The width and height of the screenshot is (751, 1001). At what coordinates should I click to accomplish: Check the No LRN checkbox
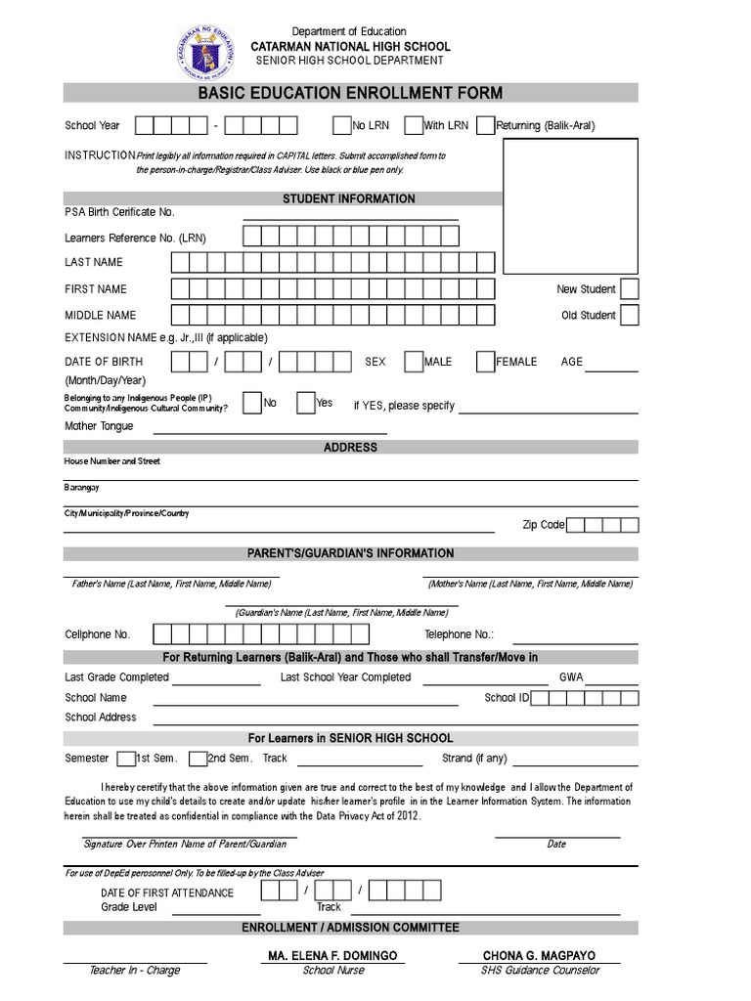tap(341, 125)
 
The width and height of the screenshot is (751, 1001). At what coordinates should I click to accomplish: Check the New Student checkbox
tap(630, 288)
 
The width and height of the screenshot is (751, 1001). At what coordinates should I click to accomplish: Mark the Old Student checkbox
tap(630, 315)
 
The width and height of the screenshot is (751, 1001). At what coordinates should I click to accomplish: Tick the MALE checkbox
tap(414, 362)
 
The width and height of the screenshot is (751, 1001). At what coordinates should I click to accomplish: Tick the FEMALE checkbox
tap(485, 362)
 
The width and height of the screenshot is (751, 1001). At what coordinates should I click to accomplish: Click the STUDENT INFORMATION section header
tap(349, 198)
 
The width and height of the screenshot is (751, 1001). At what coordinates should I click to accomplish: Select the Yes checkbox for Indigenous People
tap(305, 403)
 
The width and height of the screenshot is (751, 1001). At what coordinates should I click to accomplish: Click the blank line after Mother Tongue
tap(270, 430)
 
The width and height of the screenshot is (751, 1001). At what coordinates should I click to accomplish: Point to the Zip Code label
tap(544, 525)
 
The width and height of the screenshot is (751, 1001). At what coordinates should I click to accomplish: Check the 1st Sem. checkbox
tap(125, 759)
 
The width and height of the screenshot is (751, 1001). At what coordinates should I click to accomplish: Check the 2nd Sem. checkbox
tap(198, 759)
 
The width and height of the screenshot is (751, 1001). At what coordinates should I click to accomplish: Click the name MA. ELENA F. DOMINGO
tap(332, 955)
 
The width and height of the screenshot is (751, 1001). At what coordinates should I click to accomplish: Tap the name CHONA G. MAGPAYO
tap(539, 955)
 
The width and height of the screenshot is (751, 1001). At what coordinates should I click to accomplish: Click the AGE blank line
tap(612, 369)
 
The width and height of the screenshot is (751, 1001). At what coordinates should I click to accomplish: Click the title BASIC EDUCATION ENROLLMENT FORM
tap(350, 94)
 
